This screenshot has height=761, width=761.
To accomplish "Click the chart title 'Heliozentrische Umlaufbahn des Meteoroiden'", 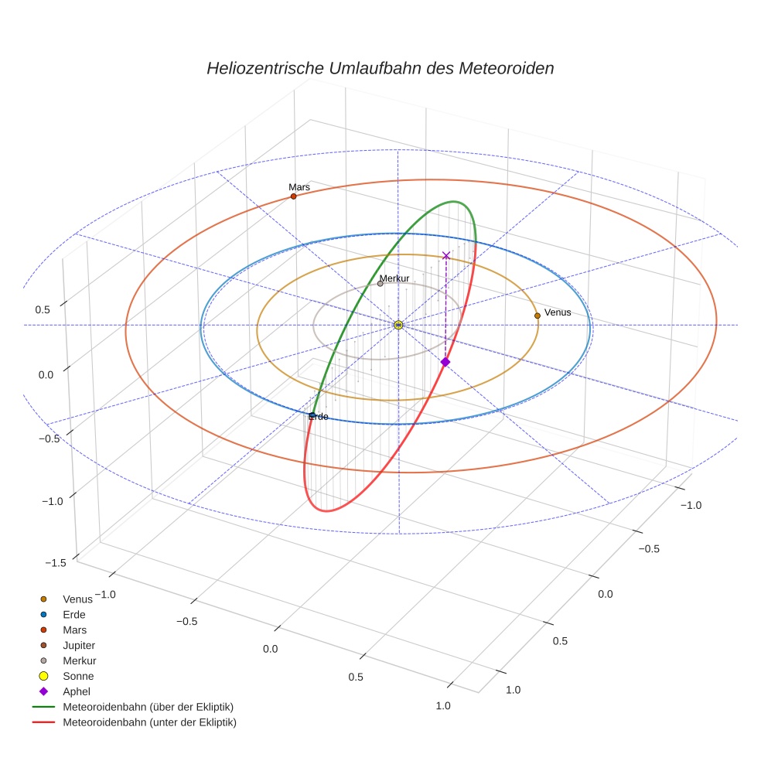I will point(380,68).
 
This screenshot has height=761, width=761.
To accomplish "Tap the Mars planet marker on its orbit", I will point(293,196).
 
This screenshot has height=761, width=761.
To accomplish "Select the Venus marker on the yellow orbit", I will point(537,316).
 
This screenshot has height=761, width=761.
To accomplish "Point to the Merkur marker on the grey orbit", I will point(380,284).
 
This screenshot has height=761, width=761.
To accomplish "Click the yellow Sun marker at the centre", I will point(398,325).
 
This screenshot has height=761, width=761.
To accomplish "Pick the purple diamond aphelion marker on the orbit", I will point(445,362).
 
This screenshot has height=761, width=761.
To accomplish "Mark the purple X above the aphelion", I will point(445,255).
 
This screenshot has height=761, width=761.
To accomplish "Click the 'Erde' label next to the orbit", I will point(318,417).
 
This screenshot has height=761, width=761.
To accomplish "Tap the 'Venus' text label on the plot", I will point(558,312).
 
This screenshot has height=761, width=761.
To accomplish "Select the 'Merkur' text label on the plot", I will point(394,278).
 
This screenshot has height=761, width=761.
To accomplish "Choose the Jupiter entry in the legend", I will point(79,645).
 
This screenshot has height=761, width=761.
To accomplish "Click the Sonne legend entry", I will point(78,676).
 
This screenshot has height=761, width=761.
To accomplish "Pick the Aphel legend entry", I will point(76,691).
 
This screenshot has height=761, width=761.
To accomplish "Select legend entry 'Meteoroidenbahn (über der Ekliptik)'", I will point(148,707).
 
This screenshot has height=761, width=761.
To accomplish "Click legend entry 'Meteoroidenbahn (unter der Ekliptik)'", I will point(149,722).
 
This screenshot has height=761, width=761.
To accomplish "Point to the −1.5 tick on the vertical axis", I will point(56,563).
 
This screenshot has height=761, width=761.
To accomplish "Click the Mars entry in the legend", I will point(74,630).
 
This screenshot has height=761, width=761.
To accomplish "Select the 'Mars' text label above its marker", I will point(299,187).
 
